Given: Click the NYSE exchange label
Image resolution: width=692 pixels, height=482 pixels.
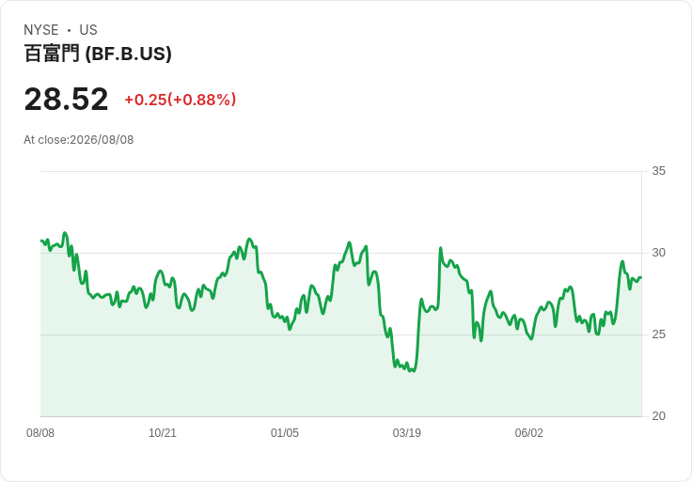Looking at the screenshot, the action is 41,30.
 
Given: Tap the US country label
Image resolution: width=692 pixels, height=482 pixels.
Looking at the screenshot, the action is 88,30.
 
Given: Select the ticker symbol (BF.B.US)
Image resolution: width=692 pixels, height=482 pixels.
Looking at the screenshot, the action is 128,54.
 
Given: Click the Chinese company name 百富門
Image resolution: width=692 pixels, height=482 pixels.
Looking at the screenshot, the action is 52,54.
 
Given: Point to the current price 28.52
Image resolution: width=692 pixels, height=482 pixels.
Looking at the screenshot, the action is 66,99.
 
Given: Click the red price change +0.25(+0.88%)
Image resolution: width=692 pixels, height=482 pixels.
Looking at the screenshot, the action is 181,100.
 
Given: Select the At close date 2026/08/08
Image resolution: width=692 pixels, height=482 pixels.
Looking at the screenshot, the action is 102,140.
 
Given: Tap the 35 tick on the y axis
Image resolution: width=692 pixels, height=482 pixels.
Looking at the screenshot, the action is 658,171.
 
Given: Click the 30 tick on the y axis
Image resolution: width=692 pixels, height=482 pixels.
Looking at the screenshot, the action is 658,253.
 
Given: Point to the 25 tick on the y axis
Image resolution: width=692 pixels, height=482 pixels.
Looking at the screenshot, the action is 658,334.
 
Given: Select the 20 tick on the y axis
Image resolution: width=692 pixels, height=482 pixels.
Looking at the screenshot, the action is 658,416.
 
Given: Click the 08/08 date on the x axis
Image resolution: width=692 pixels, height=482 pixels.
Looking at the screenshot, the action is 40,433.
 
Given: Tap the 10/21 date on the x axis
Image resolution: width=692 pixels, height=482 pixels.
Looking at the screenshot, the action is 163,433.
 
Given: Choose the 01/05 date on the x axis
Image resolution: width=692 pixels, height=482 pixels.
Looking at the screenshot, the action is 285,433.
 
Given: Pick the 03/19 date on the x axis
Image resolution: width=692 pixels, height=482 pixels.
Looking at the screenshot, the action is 407,433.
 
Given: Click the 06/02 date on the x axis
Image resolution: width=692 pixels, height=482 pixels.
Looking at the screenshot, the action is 529,433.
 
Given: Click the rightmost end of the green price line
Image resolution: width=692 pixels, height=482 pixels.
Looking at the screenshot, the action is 641,277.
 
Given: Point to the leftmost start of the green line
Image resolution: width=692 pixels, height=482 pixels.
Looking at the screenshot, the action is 41,241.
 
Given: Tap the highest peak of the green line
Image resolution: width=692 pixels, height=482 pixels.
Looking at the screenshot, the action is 65,232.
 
